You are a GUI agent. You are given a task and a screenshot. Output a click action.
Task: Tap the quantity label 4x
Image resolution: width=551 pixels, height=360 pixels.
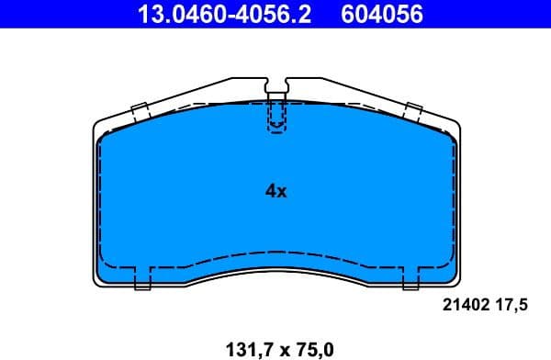point(275,191)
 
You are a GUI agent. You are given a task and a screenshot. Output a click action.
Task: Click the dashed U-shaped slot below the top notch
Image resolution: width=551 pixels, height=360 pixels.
point(275,118)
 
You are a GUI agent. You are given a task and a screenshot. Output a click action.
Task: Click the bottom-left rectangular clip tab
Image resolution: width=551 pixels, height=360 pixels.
point(142,278)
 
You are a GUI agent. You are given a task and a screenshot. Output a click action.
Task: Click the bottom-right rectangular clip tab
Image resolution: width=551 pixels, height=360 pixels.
point(410,278)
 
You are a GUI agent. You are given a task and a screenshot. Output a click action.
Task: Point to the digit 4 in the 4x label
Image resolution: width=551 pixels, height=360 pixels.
point(270,191)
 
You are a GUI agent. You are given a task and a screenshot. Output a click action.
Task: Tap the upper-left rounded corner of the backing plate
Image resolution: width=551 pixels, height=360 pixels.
point(100,126)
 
